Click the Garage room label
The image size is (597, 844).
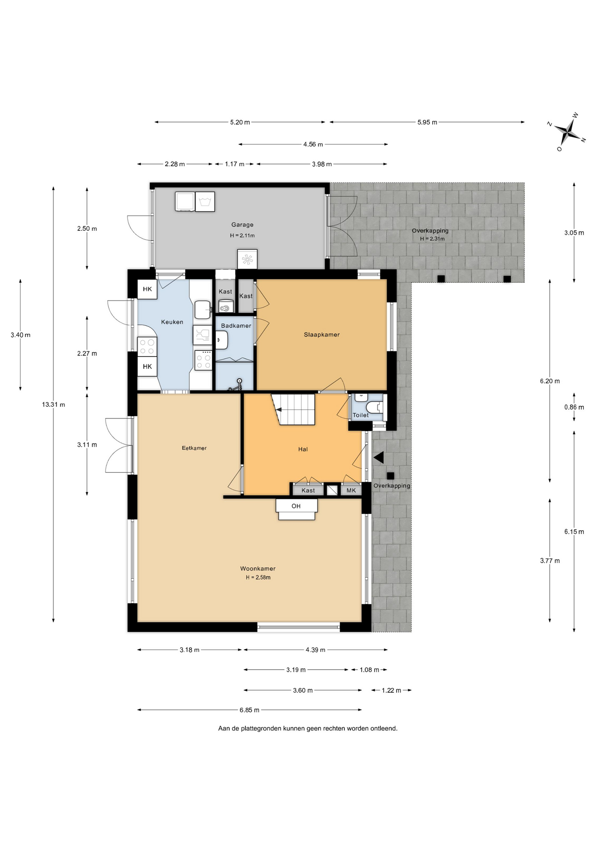click(242, 225)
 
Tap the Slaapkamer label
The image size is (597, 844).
click(322, 335)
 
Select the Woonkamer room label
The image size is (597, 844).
click(258, 568)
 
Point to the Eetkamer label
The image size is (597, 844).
click(194, 448)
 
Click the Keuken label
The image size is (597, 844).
click(172, 322)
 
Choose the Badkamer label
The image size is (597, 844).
click(236, 326)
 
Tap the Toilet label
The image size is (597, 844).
click(361, 415)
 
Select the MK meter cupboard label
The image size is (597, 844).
click(351, 490)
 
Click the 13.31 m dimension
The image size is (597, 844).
click(54, 404)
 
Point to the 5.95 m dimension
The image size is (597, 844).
click(427, 122)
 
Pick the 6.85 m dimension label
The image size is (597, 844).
click(249, 709)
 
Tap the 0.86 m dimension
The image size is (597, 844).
click(574, 407)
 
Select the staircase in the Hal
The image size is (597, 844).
click(293, 409)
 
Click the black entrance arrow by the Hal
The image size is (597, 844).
click(379, 458)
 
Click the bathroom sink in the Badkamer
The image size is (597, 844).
click(222, 340)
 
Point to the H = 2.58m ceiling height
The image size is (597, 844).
click(258, 578)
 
